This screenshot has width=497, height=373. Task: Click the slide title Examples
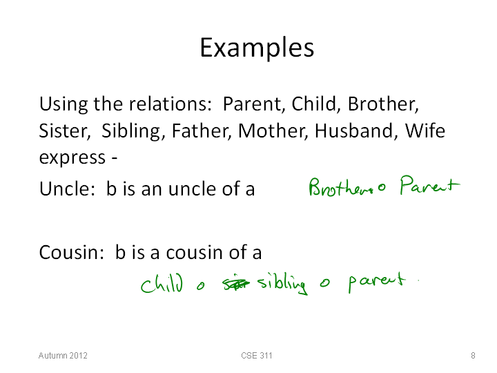(x=257, y=48)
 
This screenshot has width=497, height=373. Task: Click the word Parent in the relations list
(x=252, y=104)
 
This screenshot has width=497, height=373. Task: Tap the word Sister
(x=65, y=131)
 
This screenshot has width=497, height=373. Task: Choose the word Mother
(x=273, y=131)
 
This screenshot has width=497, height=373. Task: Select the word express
(x=72, y=158)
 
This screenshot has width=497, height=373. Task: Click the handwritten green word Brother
(x=340, y=186)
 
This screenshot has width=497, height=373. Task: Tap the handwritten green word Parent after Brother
(x=429, y=185)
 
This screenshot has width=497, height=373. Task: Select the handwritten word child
(x=162, y=283)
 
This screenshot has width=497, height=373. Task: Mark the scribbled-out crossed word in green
(x=236, y=283)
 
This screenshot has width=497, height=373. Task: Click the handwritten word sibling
(x=282, y=283)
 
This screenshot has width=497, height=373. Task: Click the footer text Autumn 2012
(x=63, y=356)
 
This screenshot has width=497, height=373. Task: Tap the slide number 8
(x=473, y=356)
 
